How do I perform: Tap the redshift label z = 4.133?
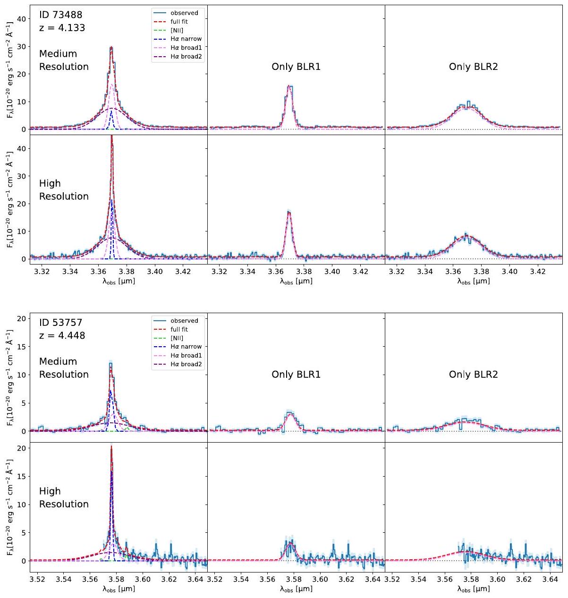tap(62, 28)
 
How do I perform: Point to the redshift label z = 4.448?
tap(62, 336)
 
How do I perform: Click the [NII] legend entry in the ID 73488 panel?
tap(177, 30)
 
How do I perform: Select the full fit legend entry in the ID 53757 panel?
tap(179, 329)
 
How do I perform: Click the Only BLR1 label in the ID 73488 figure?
tap(296, 67)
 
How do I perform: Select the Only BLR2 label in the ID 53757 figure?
tap(473, 375)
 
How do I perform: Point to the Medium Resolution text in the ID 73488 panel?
tap(64, 60)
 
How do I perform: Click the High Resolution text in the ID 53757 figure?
tap(64, 497)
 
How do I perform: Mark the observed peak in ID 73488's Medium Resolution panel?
tap(111, 47)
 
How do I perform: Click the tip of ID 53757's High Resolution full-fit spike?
tap(111, 445)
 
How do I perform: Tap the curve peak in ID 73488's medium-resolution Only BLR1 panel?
tap(289, 85)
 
